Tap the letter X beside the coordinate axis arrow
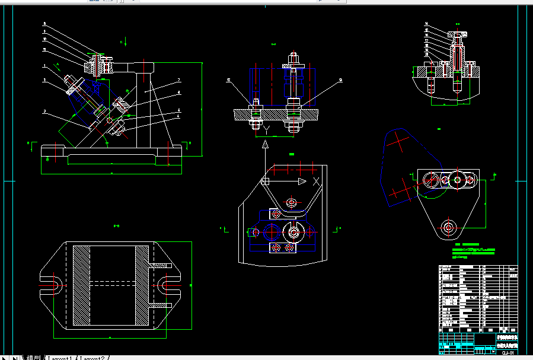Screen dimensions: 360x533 (317, 181)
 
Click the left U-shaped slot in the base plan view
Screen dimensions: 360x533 (50, 285)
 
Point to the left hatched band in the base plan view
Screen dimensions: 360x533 (81, 285)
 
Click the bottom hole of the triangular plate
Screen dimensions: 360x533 (449, 226)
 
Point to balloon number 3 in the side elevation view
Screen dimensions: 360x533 (44, 111)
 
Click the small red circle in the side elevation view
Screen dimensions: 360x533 (110, 120)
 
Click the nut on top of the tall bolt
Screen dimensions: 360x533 (293, 59)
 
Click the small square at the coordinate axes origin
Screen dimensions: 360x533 (265, 181)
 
